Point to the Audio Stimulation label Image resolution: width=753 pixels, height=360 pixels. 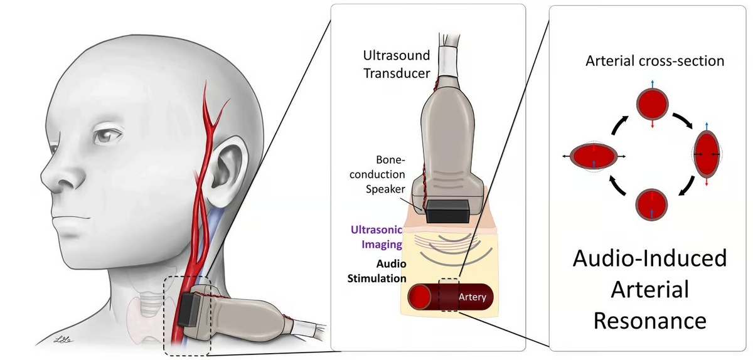376,270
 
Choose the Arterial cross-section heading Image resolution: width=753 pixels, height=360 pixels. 654,61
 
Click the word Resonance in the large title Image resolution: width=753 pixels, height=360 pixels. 649,320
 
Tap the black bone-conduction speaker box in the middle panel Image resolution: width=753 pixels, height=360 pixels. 447,211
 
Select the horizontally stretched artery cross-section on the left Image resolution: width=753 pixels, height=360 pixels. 594,156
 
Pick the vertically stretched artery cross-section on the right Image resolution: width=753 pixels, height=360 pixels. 707,153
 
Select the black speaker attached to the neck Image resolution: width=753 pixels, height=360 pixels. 188,309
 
